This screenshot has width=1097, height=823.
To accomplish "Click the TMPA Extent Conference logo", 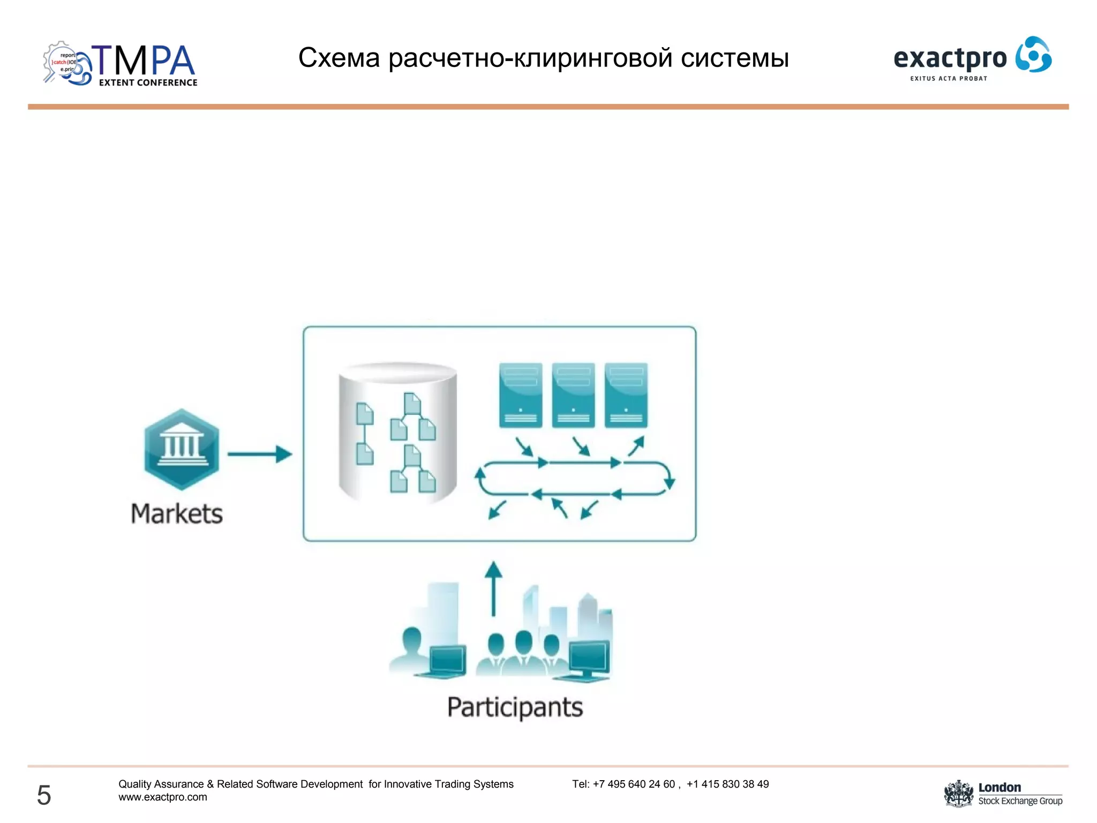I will click(121, 64).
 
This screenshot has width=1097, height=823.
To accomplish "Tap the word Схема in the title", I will click(339, 58).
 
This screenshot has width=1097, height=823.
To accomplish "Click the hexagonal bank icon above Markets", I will click(182, 449).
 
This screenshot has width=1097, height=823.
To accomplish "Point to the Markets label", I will click(177, 514).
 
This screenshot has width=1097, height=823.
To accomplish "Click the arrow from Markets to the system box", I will click(260, 454).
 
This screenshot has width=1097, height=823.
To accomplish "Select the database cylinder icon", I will click(397, 432).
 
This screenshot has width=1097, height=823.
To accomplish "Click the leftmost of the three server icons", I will click(520, 395).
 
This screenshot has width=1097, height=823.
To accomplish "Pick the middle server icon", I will click(573, 395).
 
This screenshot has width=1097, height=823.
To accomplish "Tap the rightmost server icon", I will click(626, 395).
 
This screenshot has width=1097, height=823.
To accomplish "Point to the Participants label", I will click(515, 707).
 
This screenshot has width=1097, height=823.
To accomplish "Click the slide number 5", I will click(44, 795).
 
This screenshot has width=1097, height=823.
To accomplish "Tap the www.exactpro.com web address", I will click(163, 797).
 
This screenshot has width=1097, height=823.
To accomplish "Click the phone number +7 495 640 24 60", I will click(634, 784).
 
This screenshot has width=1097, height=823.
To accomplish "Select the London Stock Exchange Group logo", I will click(1003, 794).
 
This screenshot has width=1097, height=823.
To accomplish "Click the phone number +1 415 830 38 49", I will click(727, 784).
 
